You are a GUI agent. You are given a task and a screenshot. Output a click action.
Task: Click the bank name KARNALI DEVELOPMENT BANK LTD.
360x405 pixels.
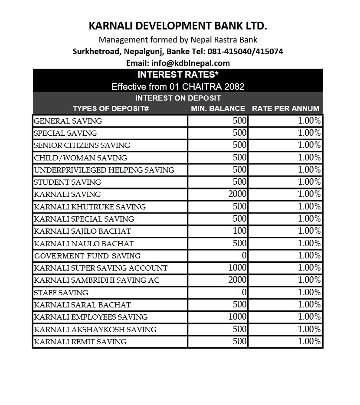coord(178,26)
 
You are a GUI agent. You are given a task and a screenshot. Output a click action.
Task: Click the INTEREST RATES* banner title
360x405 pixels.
coord(178,75)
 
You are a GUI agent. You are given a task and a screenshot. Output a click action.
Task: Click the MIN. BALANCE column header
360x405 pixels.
coord(218,108)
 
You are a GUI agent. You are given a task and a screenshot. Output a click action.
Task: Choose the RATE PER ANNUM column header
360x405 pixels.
coord(285,108)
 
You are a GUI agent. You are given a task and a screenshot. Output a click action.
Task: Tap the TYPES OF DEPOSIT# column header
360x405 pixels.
coord(111,108)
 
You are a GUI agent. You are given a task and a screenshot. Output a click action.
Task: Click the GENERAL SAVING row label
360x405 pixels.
coord(68,121)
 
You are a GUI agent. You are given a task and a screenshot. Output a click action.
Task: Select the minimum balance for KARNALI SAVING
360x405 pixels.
coord(237,194)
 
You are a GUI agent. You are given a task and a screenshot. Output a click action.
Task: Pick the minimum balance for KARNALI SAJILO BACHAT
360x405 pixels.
coord(239,231)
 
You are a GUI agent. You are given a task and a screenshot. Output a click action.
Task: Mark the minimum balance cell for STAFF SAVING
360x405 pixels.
coord(244,292)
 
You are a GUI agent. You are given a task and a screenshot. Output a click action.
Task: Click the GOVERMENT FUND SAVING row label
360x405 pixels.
coord(87,256)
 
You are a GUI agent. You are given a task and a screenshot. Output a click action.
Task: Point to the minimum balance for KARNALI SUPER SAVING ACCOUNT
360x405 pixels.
coord(237,268)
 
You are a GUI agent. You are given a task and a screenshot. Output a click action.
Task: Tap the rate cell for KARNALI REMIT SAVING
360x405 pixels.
coord(309,342)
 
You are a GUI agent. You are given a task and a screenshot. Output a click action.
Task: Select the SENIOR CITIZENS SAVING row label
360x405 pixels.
coord(82,145)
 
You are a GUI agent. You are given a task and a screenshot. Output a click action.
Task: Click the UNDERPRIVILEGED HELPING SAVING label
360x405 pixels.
coord(104,170)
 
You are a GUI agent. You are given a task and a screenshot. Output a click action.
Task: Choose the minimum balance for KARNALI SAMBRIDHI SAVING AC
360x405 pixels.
coord(237,280)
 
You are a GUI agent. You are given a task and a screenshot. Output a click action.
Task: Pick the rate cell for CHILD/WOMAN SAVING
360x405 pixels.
coord(309,158)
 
